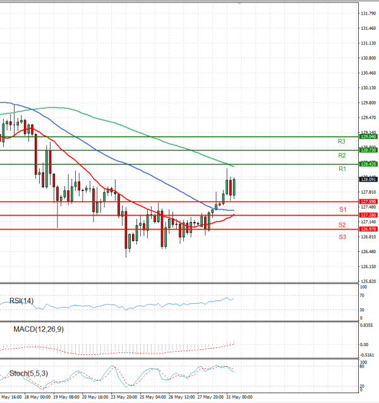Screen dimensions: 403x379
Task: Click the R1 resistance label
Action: click(x=342, y=169)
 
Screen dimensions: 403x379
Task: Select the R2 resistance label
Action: click(x=342, y=155)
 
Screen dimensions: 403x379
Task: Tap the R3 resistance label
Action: click(x=342, y=141)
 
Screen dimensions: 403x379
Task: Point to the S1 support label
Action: click(x=342, y=209)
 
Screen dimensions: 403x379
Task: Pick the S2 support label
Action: click(x=342, y=225)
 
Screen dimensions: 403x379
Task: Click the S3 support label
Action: click(x=342, y=237)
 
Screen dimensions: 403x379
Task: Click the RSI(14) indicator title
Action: click(x=23, y=301)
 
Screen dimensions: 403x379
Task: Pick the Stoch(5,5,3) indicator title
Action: click(x=29, y=373)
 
